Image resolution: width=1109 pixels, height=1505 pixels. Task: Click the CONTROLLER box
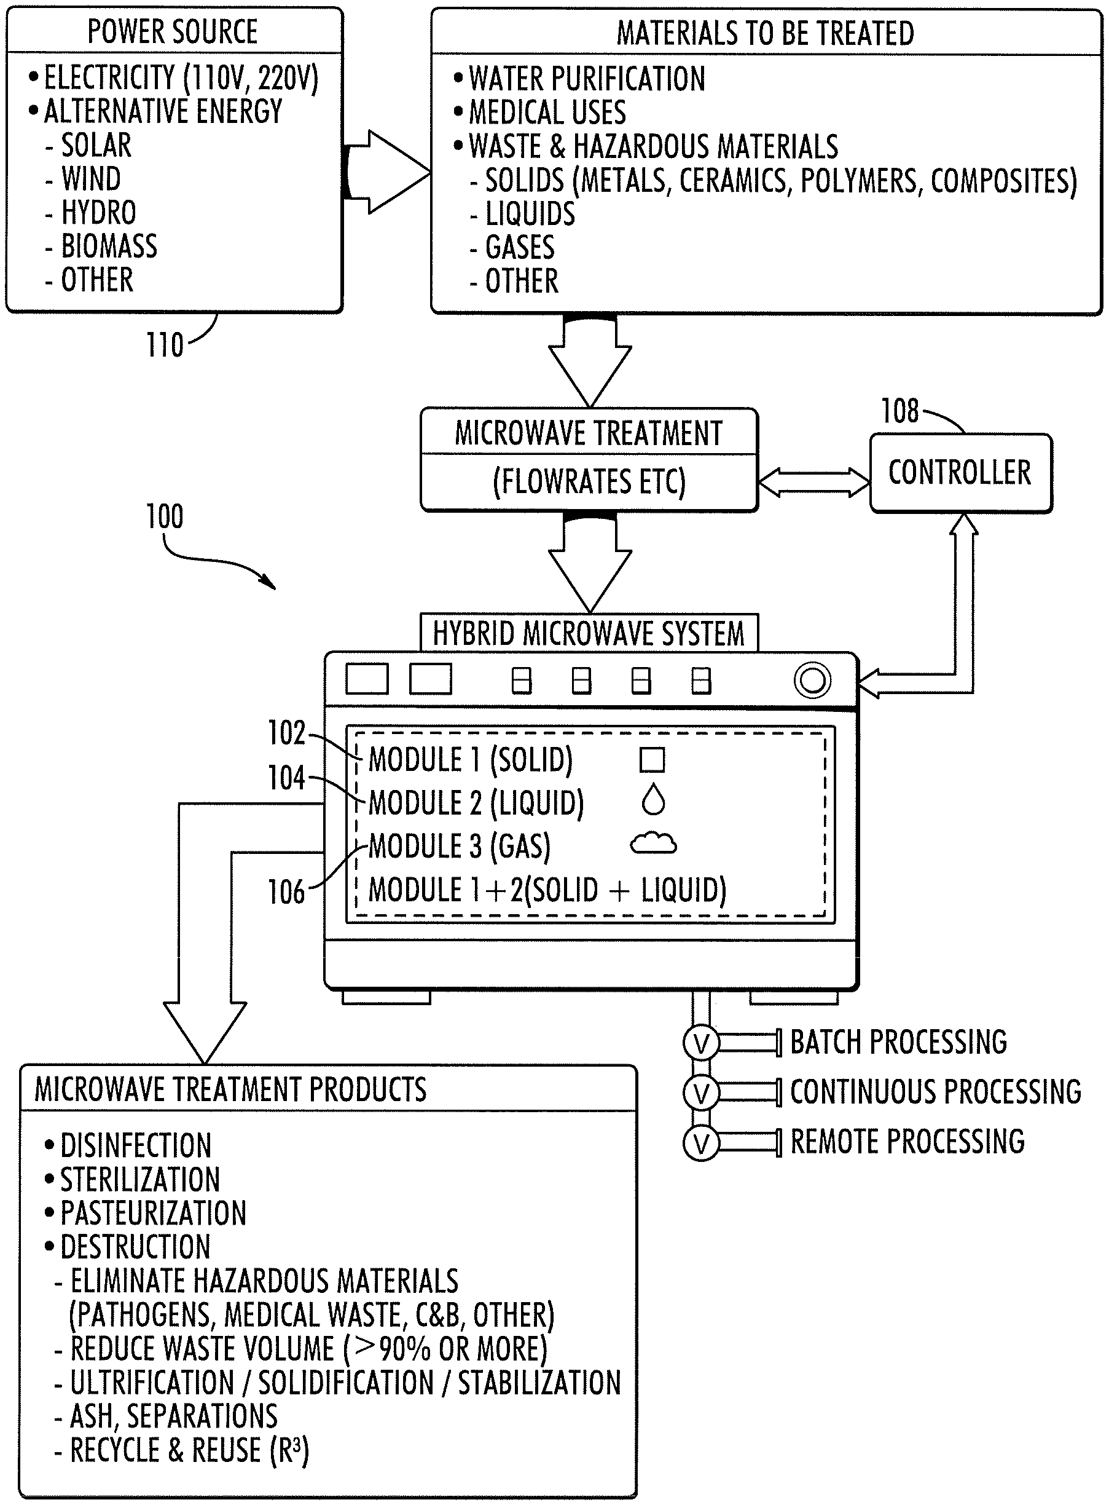point(960,473)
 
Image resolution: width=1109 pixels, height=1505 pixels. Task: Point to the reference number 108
point(899,411)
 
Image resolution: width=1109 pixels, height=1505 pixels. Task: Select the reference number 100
point(165,516)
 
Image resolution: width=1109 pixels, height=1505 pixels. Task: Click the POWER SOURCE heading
point(173,31)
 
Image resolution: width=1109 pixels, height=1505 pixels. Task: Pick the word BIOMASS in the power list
point(109,247)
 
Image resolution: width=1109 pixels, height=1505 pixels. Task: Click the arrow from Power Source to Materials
point(386,173)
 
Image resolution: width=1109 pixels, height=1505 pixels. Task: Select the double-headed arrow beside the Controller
point(813,482)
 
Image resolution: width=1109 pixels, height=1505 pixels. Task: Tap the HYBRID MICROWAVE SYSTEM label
point(589,634)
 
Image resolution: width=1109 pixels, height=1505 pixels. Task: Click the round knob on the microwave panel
point(812,681)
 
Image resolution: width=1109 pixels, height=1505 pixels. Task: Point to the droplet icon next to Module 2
point(653,800)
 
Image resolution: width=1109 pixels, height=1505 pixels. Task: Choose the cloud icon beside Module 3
point(653,843)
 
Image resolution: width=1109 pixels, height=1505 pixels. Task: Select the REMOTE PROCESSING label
point(907,1142)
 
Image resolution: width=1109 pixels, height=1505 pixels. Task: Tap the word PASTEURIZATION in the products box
point(153,1214)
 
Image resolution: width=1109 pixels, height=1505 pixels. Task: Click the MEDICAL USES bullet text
point(547,112)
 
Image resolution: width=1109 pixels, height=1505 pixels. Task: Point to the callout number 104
point(287,778)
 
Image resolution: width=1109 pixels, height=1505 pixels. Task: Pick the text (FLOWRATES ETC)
point(589,481)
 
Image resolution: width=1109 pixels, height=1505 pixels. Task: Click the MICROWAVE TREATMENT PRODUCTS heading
point(230,1089)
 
